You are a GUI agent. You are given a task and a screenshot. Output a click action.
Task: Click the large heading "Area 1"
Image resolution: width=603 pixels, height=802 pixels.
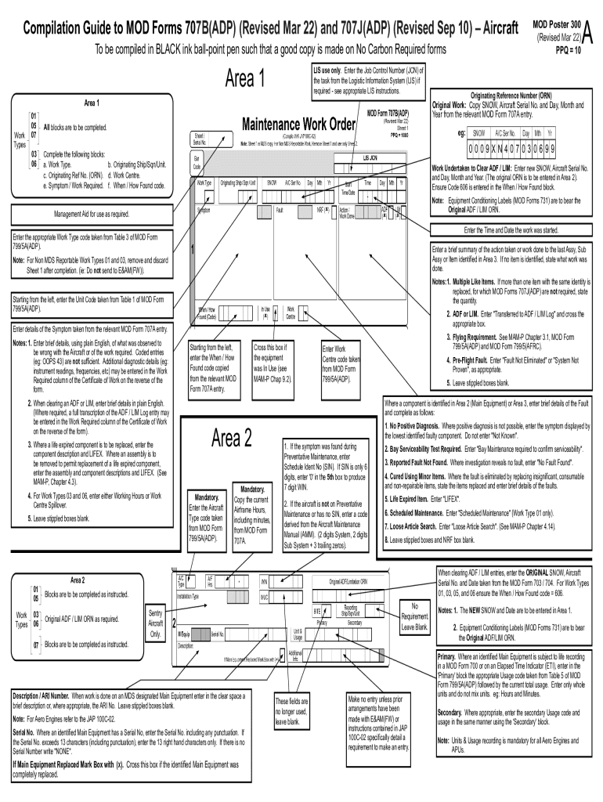pos(245,79)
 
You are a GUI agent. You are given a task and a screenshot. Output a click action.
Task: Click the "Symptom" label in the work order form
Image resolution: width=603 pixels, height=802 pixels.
pos(203,210)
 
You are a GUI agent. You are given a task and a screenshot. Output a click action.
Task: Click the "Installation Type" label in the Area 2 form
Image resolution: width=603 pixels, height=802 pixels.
pos(195,595)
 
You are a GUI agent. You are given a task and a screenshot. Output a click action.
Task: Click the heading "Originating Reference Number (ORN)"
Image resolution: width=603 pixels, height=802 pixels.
pos(515,95)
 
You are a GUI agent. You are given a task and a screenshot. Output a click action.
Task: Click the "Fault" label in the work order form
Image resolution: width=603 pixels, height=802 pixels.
pos(280,210)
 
